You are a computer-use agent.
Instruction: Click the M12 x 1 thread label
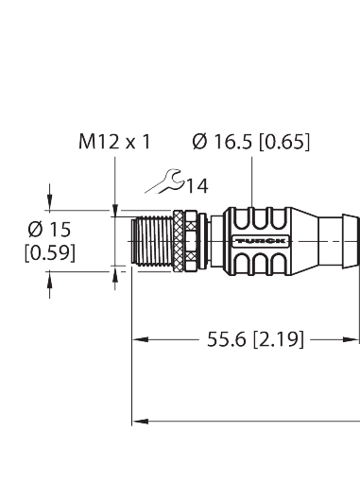pos(114,143)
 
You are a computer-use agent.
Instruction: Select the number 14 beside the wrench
pos(196,186)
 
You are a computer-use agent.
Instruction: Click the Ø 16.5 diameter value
pos(225,143)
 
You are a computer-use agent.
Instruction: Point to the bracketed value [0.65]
pos(284,143)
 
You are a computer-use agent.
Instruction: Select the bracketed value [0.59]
pos(48,252)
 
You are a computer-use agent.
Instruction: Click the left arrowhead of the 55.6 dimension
pos(138,336)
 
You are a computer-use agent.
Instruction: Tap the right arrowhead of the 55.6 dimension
pos(354,336)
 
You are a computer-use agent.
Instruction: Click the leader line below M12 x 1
pos(114,180)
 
